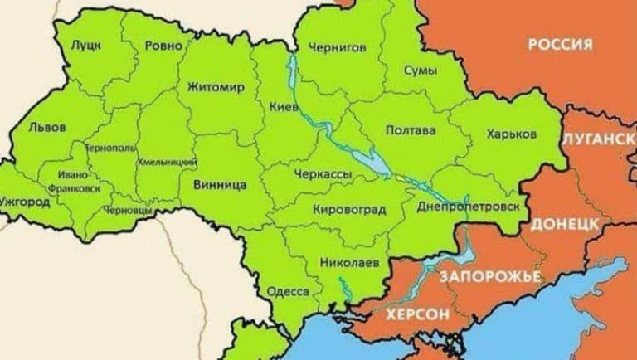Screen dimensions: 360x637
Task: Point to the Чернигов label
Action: pos(336,47)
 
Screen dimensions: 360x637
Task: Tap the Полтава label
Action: pos(411,130)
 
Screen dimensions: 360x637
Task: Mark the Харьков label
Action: pos(512,134)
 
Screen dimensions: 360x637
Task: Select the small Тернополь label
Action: pos(111,147)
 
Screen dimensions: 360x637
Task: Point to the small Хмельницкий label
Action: pos(167,161)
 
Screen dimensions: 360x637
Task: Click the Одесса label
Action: pos(287,292)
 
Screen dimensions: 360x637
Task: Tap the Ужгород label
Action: pos(27,202)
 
